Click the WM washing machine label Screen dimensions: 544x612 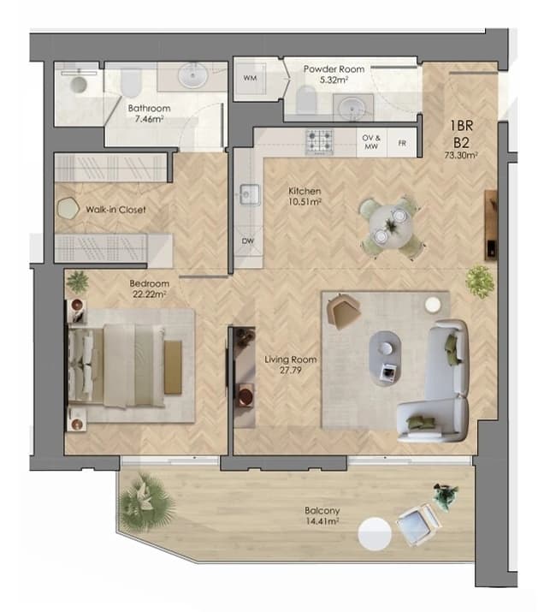250,78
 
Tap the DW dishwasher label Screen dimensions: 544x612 248,241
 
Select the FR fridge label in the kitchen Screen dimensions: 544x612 402,143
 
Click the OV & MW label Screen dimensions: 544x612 371,142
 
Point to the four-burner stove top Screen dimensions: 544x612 319,141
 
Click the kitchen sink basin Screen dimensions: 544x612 249,194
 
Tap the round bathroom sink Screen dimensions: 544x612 192,75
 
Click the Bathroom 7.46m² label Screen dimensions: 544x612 149,113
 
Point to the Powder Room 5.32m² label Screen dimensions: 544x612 334,74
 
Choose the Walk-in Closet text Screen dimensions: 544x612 115,210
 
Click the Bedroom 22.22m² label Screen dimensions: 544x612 150,288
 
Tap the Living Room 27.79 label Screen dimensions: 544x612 291,365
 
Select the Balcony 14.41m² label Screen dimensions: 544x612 322,515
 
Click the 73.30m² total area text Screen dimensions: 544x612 461,155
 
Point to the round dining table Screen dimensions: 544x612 391,226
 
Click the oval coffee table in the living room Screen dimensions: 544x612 385,359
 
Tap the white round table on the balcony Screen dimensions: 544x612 375,534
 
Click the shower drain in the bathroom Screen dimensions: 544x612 79,85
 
